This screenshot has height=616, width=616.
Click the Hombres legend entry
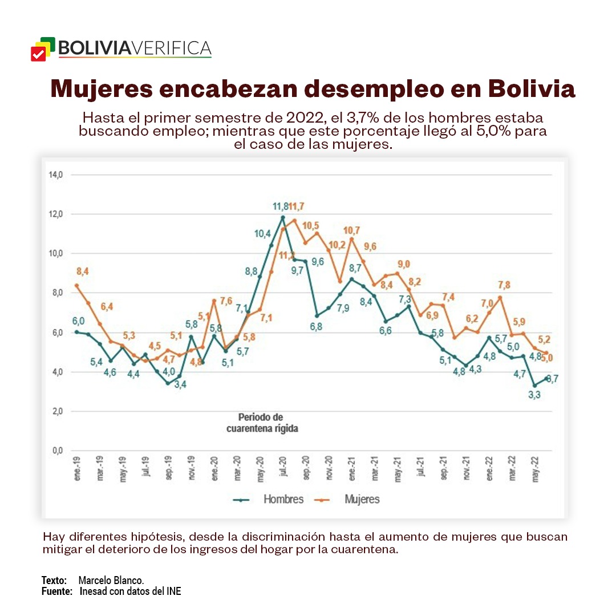[x=283, y=499]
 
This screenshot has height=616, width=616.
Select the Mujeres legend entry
[x=362, y=499]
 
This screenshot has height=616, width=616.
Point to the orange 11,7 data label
[x=297, y=206]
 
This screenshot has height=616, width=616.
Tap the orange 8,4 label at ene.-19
[x=83, y=271]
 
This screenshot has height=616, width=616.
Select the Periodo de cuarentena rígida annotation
[x=260, y=423]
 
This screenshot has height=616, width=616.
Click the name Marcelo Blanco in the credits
[x=111, y=580]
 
